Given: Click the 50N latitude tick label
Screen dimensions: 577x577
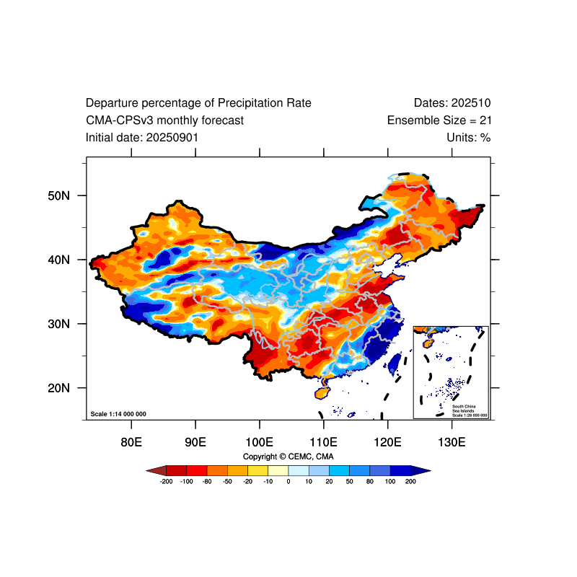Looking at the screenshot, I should (x=58, y=195).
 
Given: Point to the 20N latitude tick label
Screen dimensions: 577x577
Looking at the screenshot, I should (x=58, y=388).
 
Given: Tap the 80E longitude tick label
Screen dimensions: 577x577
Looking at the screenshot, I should (x=131, y=441).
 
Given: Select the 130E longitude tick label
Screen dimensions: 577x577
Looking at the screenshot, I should (x=452, y=441).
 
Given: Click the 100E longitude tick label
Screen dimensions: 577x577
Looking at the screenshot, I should (x=259, y=441).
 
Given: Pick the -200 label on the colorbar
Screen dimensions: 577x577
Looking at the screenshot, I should (x=166, y=481).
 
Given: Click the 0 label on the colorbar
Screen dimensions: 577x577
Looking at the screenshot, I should (x=288, y=481).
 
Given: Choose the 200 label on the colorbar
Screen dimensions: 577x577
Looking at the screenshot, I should (x=411, y=481).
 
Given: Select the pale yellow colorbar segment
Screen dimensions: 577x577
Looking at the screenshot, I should (x=278, y=470).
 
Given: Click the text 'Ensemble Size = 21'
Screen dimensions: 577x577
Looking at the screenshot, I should (x=439, y=120).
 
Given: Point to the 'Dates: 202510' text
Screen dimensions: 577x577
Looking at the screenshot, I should (x=452, y=103).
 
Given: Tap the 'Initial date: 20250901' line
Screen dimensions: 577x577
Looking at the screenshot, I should (x=142, y=137).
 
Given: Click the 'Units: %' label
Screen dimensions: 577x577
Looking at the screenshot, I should (x=469, y=137).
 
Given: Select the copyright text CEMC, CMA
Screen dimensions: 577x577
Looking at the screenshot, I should (x=288, y=457).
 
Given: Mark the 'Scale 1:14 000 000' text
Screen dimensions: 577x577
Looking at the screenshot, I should (x=118, y=414).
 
